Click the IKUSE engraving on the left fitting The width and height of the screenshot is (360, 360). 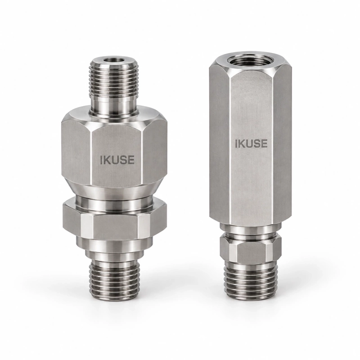click(x=117, y=160)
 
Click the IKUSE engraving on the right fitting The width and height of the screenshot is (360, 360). click(x=252, y=144)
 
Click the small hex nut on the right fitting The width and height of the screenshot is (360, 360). click(x=250, y=251)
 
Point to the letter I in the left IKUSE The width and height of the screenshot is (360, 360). click(x=101, y=160)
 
